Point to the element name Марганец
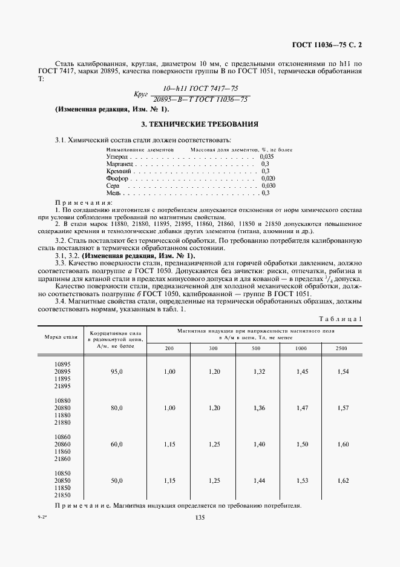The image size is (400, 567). (x=119, y=164)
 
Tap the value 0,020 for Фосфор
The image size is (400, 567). (x=267, y=178)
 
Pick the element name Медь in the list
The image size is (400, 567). (x=114, y=193)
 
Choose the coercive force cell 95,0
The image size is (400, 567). (x=116, y=371)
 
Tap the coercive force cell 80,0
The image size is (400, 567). (x=116, y=408)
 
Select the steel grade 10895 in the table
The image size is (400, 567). (x=62, y=363)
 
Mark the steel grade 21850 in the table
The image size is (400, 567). (x=62, y=495)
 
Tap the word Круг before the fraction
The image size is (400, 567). (x=141, y=94)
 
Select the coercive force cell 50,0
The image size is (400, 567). (x=116, y=480)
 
